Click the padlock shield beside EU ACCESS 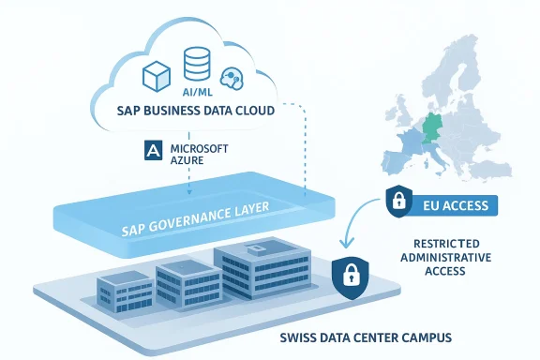[x=397, y=201]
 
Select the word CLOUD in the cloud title [x=252, y=111]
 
